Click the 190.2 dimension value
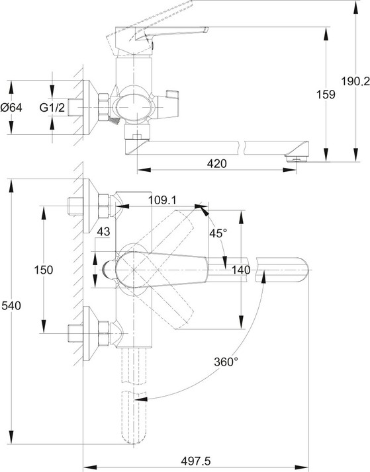(355, 81)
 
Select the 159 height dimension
(326, 95)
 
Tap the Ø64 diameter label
(11, 107)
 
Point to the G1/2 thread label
(52, 107)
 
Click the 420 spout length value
(217, 163)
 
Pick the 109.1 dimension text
(162, 200)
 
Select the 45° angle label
(218, 233)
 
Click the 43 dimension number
(103, 231)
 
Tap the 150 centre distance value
(44, 270)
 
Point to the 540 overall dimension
(11, 305)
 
